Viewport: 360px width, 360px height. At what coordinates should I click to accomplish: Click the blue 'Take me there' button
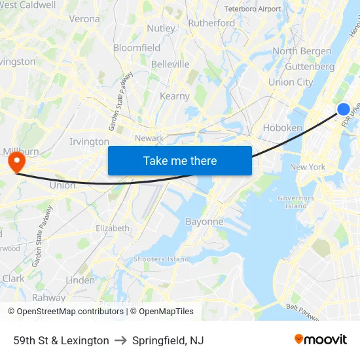(180, 160)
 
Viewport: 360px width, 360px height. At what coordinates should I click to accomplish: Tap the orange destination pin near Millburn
(14, 161)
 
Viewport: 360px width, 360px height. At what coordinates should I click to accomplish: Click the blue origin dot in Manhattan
(344, 109)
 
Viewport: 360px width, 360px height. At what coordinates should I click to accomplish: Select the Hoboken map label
(282, 128)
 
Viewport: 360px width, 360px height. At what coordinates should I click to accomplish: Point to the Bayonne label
(204, 221)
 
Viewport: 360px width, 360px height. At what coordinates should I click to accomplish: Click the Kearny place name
(175, 96)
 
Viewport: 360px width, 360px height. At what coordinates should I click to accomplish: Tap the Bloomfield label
(137, 48)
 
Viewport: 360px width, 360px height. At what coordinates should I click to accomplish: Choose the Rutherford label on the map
(211, 23)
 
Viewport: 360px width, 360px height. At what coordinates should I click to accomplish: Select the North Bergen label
(302, 51)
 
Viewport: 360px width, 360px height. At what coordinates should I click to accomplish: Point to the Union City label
(291, 82)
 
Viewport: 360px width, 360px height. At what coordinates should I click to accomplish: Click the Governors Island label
(296, 202)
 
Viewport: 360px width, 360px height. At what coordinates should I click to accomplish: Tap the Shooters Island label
(161, 259)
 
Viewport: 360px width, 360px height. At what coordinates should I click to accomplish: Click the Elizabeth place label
(113, 228)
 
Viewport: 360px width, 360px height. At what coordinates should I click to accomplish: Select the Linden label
(80, 280)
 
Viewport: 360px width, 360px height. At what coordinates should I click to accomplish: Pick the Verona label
(84, 19)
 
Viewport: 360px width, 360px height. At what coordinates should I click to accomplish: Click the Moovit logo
(321, 340)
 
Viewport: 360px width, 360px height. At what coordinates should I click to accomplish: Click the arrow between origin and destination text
(120, 340)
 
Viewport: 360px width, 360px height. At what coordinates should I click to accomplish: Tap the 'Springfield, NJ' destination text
(168, 340)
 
